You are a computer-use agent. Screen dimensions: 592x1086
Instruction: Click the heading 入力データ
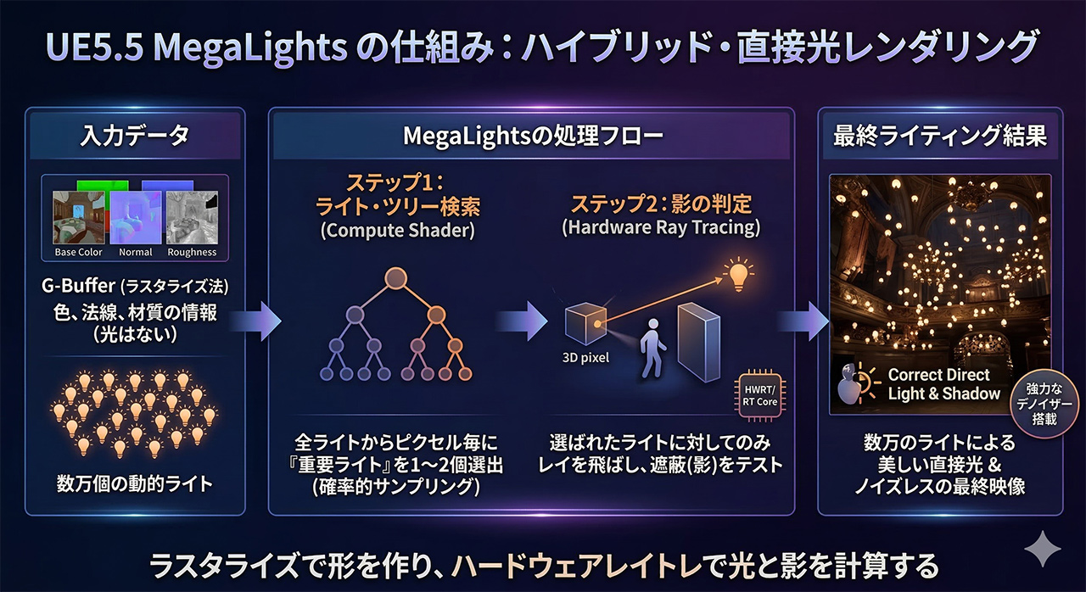[136, 137]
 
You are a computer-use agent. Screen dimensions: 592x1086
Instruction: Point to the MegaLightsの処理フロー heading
[533, 137]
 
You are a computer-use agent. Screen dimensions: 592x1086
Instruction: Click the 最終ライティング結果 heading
[939, 137]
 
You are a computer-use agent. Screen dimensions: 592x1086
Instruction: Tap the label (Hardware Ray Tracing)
[660, 228]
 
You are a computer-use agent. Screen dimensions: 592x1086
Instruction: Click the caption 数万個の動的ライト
[135, 484]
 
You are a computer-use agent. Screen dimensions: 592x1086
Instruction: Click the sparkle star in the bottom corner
[1042, 551]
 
